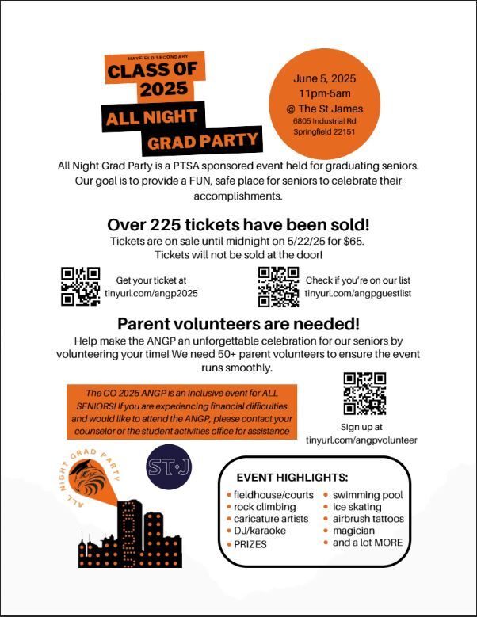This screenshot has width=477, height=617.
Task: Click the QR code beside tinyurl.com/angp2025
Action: tap(81, 286)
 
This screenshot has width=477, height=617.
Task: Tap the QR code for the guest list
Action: tap(277, 286)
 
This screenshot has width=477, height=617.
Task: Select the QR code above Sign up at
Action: tap(364, 394)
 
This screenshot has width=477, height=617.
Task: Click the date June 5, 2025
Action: tap(325, 78)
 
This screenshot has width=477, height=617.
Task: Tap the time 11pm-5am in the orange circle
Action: tap(325, 93)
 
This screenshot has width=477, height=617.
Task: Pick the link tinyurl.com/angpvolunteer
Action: tap(361, 440)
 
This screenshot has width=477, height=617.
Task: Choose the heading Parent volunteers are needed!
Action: tap(238, 323)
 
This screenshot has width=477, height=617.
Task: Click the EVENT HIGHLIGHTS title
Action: tap(292, 478)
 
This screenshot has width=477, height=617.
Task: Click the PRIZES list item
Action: tap(250, 544)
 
